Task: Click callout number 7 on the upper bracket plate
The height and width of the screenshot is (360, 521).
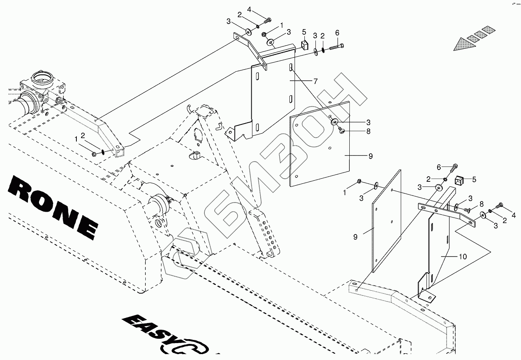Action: click(315, 81)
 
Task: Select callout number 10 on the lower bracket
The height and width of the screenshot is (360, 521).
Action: click(462, 257)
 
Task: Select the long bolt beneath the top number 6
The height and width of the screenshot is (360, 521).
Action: click(336, 47)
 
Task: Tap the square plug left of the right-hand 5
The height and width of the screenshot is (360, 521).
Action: click(458, 181)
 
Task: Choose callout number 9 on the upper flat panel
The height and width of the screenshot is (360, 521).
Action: click(370, 156)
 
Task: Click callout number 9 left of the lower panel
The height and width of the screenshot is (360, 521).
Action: click(355, 237)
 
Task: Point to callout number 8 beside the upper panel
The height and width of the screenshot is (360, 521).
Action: click(368, 132)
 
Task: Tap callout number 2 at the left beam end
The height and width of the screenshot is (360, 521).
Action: click(83, 136)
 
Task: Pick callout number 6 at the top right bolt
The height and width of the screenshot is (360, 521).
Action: click(337, 33)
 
